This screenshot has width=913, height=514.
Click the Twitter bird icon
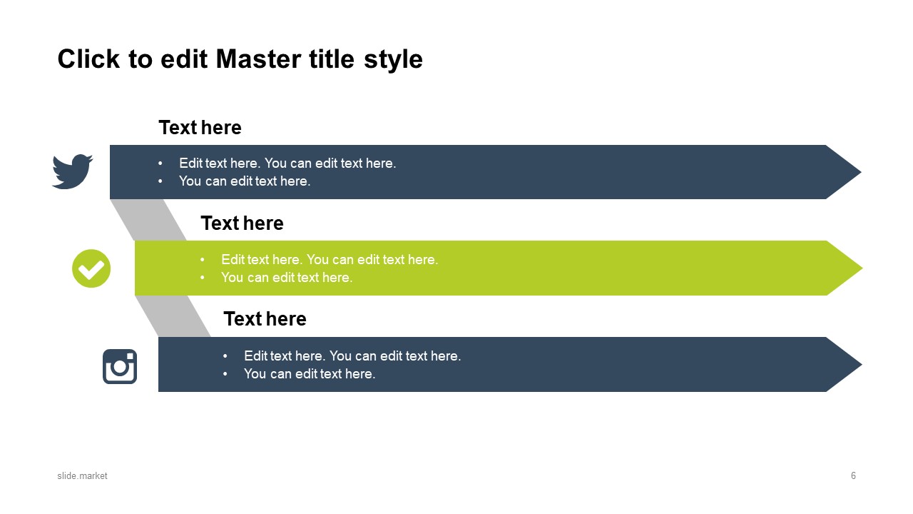tap(73, 171)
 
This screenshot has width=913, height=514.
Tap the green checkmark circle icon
tap(91, 268)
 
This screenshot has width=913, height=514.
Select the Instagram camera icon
tap(120, 366)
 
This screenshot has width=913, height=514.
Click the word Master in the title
tap(259, 59)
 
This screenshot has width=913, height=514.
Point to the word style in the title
tap(393, 60)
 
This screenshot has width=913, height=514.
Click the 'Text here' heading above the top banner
tap(200, 128)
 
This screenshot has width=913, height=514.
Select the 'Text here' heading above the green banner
tap(242, 223)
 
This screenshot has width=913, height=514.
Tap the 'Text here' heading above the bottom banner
tap(265, 319)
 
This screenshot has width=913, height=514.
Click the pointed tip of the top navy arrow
tap(860, 172)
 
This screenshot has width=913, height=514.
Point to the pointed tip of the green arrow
tap(862, 268)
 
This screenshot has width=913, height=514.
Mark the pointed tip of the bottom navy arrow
tap(861, 364)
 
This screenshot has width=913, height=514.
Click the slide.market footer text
tap(82, 475)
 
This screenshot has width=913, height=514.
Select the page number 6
tap(853, 475)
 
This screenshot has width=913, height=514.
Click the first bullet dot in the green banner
tap(203, 260)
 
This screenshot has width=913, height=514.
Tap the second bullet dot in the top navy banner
tap(160, 181)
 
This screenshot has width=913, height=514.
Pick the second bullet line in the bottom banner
tap(310, 373)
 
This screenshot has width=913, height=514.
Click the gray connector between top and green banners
tap(149, 220)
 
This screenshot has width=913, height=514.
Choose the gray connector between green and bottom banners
tap(173, 316)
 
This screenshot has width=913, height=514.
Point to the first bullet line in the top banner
tap(287, 163)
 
